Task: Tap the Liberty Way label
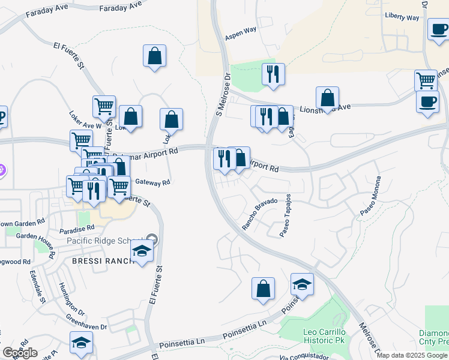click(x=402, y=17)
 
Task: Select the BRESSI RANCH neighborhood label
click(x=101, y=262)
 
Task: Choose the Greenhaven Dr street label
click(x=87, y=323)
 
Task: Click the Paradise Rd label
click(x=77, y=229)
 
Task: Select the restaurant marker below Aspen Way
click(x=273, y=74)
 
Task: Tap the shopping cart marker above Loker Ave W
click(x=104, y=106)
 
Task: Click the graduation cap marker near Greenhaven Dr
click(x=81, y=342)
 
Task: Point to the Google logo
click(x=20, y=353)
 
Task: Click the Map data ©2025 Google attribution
click(x=412, y=355)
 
